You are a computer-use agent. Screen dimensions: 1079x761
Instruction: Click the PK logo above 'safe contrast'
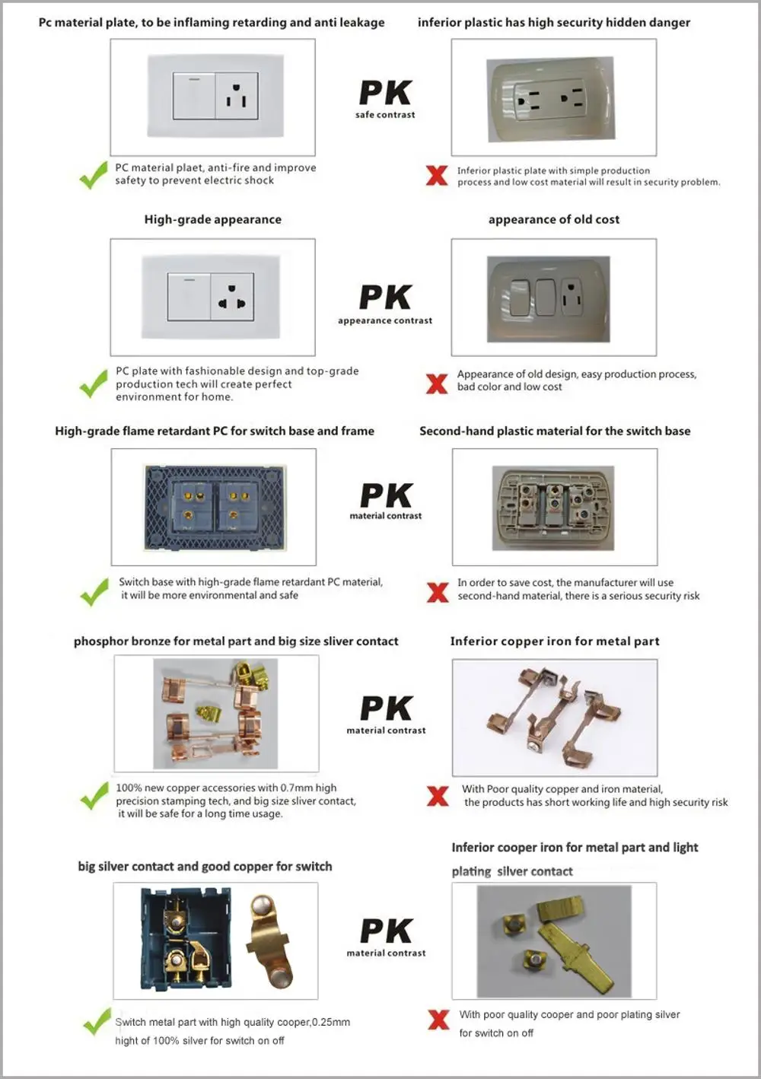[385, 93]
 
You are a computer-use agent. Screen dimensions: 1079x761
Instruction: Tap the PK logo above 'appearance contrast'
[385, 298]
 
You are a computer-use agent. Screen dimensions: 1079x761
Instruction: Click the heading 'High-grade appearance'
[212, 220]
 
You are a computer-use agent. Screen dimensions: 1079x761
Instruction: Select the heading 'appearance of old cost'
[553, 220]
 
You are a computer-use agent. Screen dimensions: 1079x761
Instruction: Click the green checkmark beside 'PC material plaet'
[94, 175]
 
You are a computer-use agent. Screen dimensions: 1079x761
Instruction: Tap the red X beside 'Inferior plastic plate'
[437, 176]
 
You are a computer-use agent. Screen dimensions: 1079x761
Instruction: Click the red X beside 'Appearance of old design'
[437, 384]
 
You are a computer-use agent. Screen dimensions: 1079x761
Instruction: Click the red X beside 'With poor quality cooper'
[438, 1020]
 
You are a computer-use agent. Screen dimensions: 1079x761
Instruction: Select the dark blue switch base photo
[215, 508]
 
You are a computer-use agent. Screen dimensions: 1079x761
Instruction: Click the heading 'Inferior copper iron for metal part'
[554, 641]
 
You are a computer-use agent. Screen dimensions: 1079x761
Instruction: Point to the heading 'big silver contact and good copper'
[205, 867]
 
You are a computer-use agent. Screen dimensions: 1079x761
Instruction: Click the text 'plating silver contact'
[511, 872]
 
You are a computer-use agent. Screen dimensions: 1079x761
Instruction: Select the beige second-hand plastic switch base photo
[553, 508]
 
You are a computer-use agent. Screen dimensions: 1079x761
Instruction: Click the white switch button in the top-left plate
[194, 97]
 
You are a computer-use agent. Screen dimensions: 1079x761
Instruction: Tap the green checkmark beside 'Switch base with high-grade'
[94, 591]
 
